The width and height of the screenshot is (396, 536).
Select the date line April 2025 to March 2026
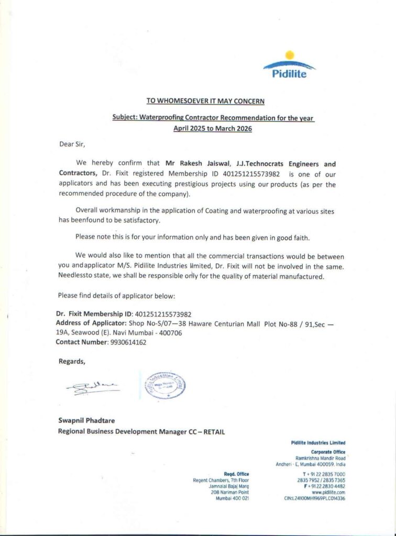[x=212, y=127]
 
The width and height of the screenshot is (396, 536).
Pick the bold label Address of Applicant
[x=89, y=323]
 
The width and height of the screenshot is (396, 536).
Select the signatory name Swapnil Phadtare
[x=88, y=420]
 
